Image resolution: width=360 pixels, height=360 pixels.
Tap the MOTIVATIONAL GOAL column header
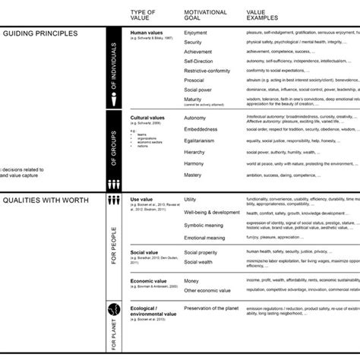click(206, 14)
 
